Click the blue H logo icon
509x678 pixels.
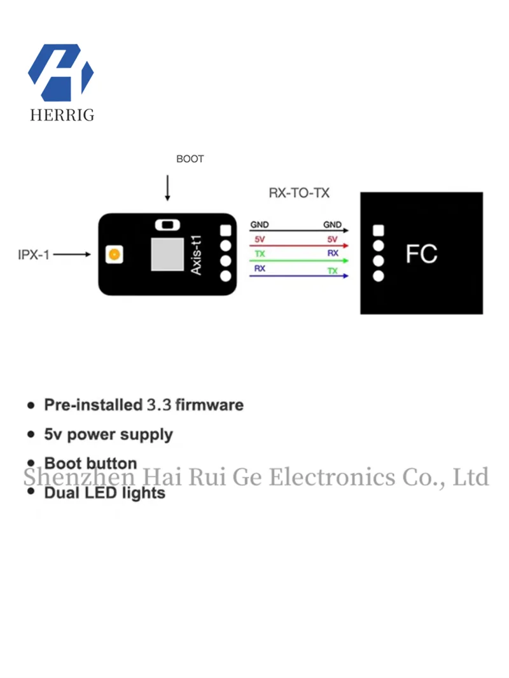click(x=61, y=72)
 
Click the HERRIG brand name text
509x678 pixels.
click(x=62, y=115)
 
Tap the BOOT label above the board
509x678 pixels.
click(x=190, y=159)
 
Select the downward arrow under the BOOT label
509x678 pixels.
click(x=167, y=188)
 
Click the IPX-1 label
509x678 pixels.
click(x=34, y=255)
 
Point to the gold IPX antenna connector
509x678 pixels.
click(x=114, y=255)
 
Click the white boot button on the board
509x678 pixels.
click(x=167, y=224)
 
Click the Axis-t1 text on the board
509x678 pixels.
click(x=197, y=254)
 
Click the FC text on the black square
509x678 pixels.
click(x=421, y=254)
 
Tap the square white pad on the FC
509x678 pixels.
click(x=379, y=230)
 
